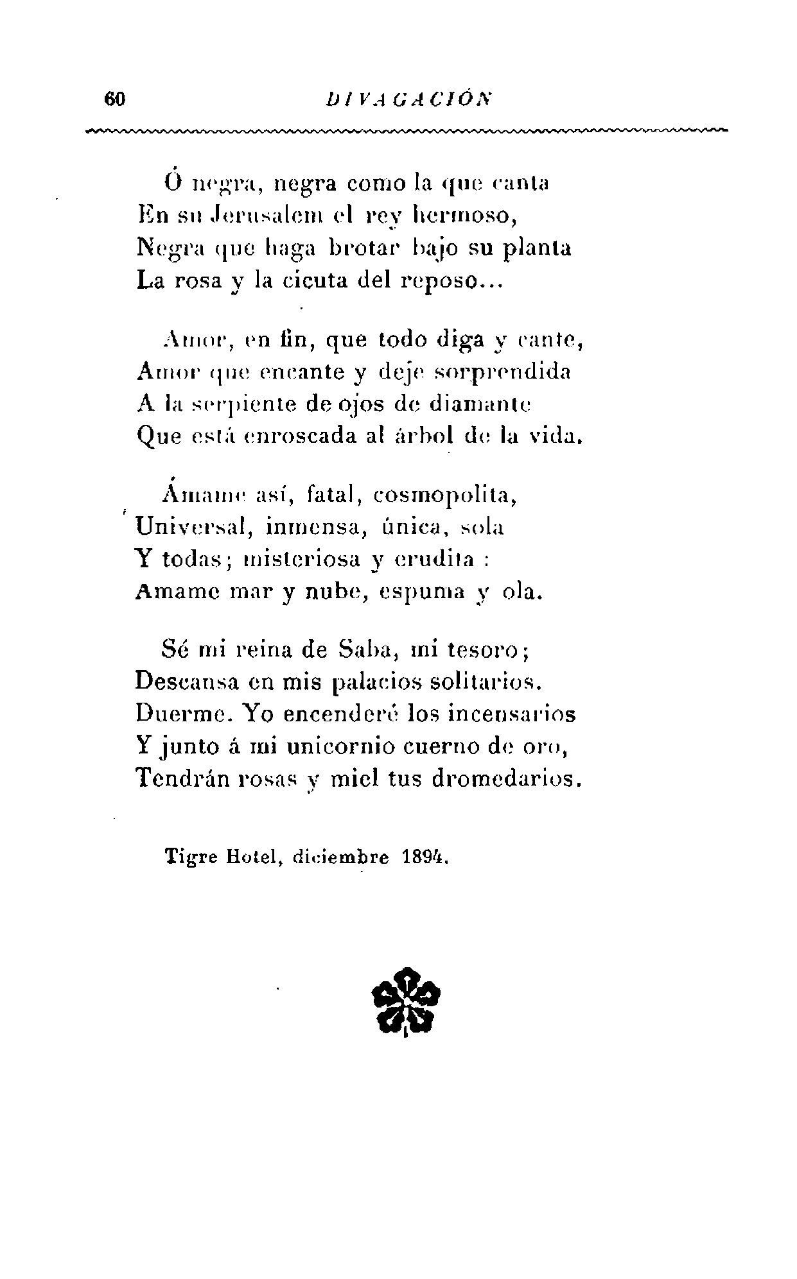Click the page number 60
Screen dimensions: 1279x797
click(x=116, y=99)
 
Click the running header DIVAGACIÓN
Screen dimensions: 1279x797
click(x=408, y=99)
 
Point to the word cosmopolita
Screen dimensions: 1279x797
click(x=444, y=496)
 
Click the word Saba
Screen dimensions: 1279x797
click(x=364, y=649)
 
